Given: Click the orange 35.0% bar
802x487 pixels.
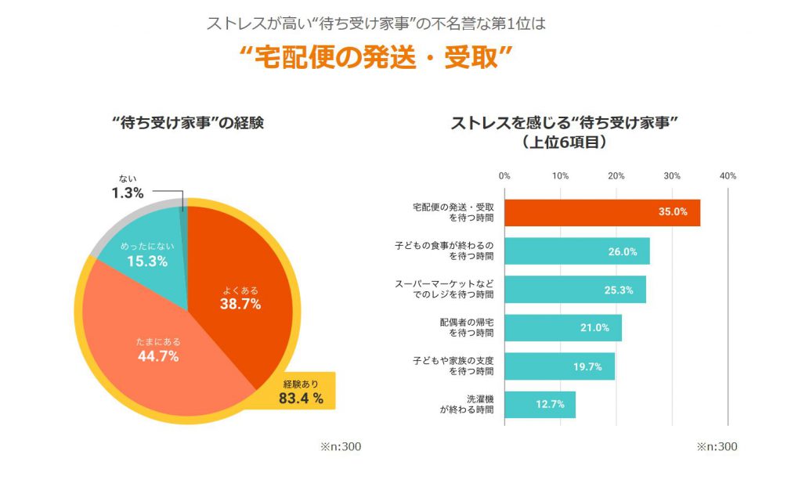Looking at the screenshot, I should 601,212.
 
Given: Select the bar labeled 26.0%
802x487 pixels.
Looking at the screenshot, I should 576,251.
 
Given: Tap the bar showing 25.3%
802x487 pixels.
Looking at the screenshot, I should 575,290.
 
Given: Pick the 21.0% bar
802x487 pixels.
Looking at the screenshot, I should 562,328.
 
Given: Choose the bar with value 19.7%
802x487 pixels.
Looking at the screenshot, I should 559,366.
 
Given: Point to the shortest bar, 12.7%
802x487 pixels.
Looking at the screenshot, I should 540,405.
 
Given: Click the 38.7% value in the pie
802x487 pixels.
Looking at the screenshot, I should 240,304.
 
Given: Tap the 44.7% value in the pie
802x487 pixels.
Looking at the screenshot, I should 158,356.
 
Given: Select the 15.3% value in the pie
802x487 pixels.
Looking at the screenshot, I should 147,261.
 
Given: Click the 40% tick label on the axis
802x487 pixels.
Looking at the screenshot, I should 728,175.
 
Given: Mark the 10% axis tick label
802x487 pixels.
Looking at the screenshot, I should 560,175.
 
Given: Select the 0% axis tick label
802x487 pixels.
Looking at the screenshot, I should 504,175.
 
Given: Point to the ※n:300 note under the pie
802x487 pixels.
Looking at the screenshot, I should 340,447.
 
